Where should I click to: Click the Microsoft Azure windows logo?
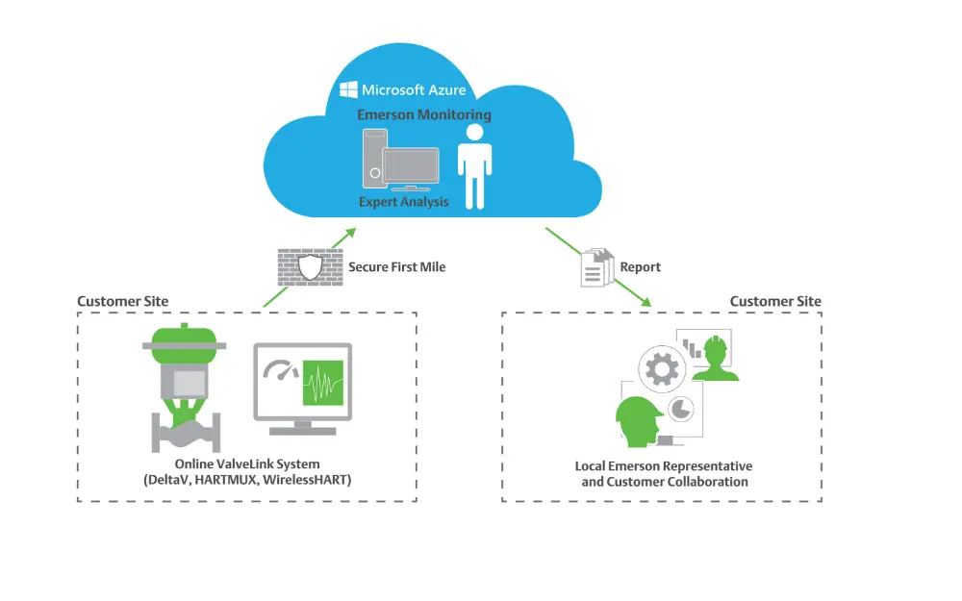coord(348,90)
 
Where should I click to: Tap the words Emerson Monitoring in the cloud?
coord(423,114)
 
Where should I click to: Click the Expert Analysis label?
coord(403,202)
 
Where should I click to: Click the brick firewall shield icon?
coord(309,265)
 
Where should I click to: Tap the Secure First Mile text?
coord(396,266)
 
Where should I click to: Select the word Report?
coord(641,266)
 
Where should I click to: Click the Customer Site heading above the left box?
coord(122,301)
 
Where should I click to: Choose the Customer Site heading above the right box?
coord(775,301)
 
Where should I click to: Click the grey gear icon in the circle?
coord(662,369)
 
